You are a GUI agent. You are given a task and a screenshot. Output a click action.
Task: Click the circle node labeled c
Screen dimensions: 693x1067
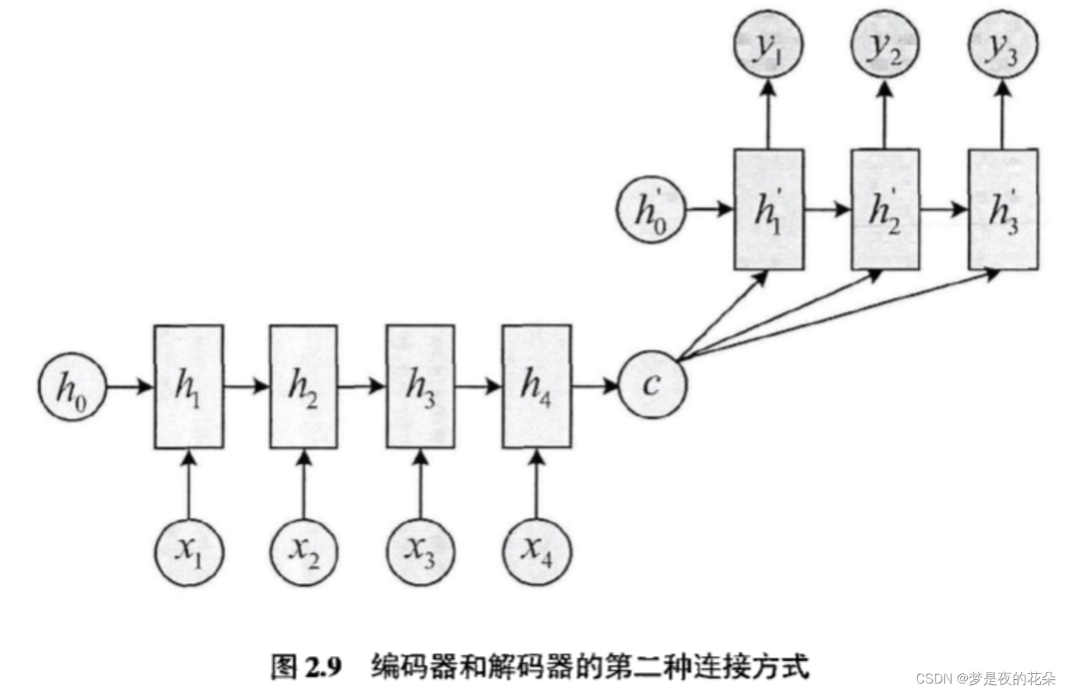pyautogui.click(x=652, y=385)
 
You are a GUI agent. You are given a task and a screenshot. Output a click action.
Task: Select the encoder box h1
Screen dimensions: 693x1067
pyautogui.click(x=188, y=386)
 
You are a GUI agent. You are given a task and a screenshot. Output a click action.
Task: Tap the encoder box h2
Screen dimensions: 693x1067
pyautogui.click(x=304, y=386)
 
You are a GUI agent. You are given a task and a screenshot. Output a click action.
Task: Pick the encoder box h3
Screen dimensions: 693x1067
pyautogui.click(x=420, y=386)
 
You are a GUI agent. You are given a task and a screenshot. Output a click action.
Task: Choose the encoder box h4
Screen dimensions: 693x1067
pyautogui.click(x=536, y=386)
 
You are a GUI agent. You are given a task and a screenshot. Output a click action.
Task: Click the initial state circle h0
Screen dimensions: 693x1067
pyautogui.click(x=72, y=387)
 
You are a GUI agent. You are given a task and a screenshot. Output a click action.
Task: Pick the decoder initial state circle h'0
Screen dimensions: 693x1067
pyautogui.click(x=651, y=209)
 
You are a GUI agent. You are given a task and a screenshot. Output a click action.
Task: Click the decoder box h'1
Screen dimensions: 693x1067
pyautogui.click(x=768, y=210)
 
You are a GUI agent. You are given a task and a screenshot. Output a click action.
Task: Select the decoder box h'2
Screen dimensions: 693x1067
pyautogui.click(x=885, y=210)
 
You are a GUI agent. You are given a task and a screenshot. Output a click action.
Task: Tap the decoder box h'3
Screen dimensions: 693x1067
pyautogui.click(x=1002, y=210)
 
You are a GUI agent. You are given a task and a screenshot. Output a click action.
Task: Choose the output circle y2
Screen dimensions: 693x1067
pyautogui.click(x=885, y=46)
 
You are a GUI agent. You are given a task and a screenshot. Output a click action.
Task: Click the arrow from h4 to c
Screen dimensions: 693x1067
pyautogui.click(x=595, y=386)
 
